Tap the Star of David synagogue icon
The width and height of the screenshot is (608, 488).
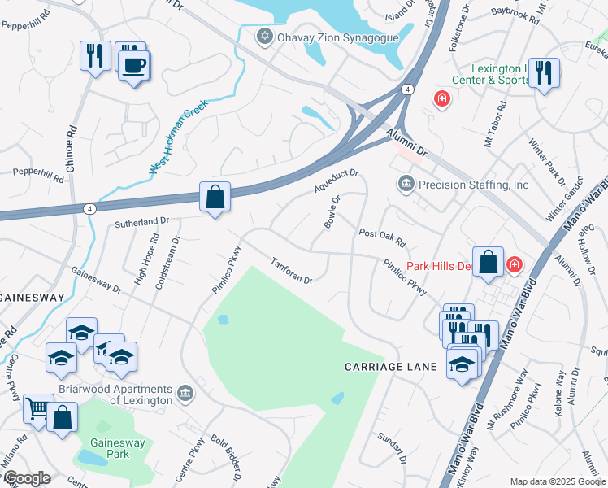263,37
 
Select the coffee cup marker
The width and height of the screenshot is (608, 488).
134,65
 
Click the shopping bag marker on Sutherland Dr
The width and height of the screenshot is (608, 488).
215,197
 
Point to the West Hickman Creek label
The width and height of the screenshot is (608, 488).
178,137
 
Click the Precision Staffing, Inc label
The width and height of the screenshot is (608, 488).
473,185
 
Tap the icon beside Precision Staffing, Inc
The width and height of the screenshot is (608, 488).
405,185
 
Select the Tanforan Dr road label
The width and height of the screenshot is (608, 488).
292,271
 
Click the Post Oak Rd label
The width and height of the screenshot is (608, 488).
382,237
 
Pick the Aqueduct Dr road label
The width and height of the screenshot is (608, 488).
336,181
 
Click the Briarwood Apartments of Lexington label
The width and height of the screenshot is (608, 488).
130,394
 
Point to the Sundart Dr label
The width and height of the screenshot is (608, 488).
392,448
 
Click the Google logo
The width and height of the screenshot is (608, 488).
27,478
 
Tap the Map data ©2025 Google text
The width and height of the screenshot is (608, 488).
556,481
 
